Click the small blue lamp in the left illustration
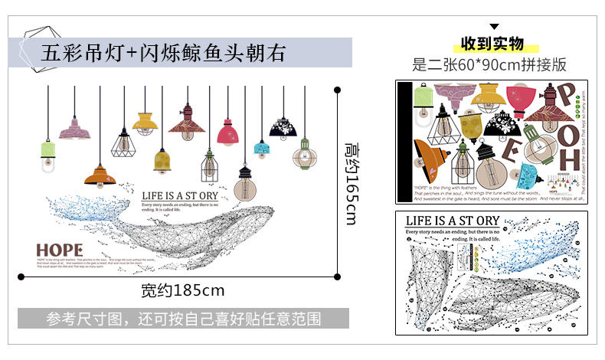click(261, 148)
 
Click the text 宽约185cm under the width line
click(183, 290)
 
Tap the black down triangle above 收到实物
click(493, 27)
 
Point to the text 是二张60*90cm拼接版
click(489, 64)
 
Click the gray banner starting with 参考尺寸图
click(183, 318)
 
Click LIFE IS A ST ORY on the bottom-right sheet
click(452, 221)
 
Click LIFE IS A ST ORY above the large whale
click(185, 196)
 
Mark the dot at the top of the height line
click(338, 90)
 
